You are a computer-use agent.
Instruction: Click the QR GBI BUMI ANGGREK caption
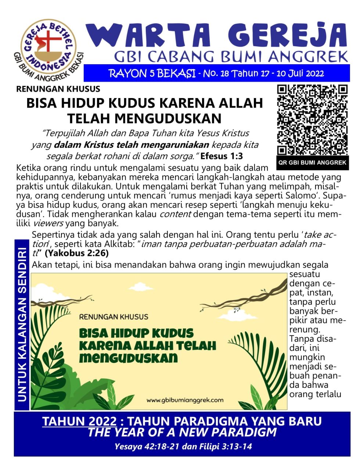(x=312, y=163)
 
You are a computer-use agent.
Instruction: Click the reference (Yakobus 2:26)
(x=77, y=253)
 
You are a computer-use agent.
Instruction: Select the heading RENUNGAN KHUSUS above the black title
(x=58, y=89)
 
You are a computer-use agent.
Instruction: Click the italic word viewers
(x=48, y=223)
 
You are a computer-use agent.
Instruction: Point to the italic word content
(x=175, y=214)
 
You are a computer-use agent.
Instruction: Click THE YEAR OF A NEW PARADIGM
(x=182, y=432)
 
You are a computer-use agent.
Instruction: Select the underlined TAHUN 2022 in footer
(x=80, y=421)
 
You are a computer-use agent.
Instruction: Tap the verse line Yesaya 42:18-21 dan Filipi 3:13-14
(x=183, y=447)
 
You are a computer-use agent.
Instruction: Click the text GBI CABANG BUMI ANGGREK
(x=231, y=57)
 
